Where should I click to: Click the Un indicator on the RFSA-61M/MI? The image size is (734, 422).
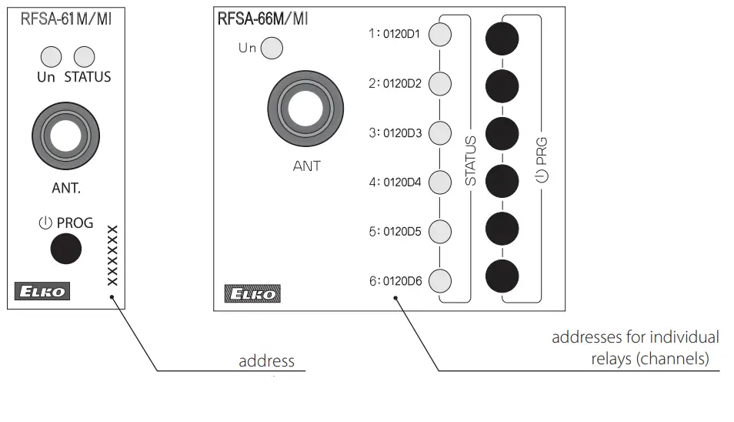click(x=51, y=56)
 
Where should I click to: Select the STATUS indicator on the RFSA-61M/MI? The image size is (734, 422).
click(x=84, y=56)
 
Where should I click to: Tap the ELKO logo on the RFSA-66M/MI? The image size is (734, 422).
click(x=252, y=293)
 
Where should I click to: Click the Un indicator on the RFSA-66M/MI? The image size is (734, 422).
click(x=272, y=49)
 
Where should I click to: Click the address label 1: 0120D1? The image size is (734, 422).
click(x=395, y=35)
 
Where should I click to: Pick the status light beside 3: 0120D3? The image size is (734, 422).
click(x=439, y=133)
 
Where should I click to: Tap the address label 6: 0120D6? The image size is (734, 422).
click(x=395, y=281)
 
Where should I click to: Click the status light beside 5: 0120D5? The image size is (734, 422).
click(x=439, y=232)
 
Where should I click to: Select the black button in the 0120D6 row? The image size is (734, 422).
click(x=502, y=276)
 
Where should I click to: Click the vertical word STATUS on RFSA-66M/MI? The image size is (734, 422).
click(x=471, y=161)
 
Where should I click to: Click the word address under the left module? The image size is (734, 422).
click(x=266, y=360)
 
